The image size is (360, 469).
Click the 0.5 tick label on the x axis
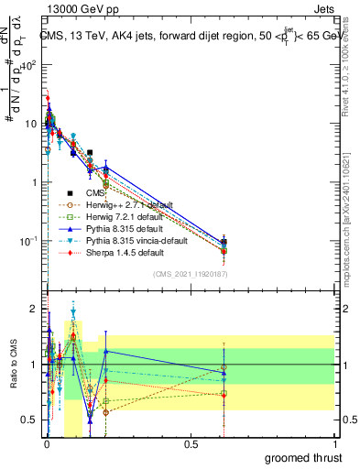point(191,444)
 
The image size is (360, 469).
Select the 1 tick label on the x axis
point(334,444)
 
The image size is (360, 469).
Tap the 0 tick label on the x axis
point(47,444)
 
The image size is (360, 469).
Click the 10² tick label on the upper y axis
point(30,66)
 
